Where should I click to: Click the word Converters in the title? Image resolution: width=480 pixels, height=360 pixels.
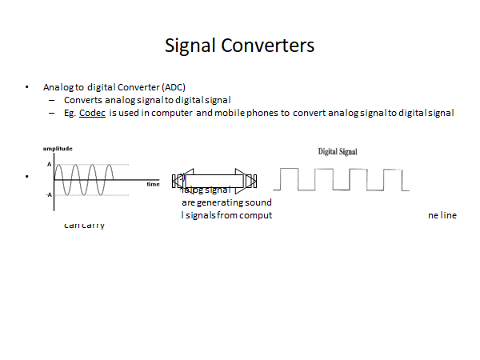[266, 46]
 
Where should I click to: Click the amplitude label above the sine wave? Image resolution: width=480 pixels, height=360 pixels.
[58, 149]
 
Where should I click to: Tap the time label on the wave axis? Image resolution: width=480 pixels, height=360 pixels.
[153, 184]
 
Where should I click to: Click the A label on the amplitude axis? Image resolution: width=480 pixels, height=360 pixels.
[49, 164]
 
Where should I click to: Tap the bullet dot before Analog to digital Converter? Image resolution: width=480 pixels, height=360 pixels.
[27, 86]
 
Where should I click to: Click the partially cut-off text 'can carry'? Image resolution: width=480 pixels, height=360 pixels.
[84, 225]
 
